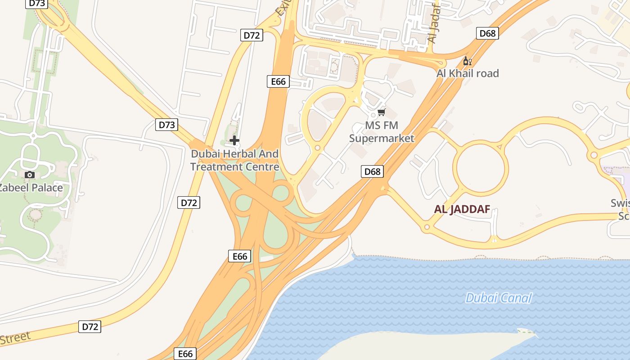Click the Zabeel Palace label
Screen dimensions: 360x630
31,187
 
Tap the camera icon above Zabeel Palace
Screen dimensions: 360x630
30,175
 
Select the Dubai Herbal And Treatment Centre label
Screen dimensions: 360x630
234,160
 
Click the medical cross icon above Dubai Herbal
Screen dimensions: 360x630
234,140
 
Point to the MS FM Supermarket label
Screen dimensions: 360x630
382,132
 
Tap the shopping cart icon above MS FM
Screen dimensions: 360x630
382,112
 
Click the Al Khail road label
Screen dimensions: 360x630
468,73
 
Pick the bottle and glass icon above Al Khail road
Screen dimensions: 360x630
468,61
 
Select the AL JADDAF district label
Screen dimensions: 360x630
462,209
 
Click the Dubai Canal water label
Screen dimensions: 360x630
498,298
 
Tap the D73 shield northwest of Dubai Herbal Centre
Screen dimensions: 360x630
166,125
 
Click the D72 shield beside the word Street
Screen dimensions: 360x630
90,327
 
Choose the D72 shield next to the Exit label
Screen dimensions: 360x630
252,35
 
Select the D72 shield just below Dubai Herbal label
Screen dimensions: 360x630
189,202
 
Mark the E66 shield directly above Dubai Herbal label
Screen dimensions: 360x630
278,81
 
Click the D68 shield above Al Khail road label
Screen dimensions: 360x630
487,33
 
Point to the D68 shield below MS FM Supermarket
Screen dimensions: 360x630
372,171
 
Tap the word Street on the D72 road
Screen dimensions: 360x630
15,338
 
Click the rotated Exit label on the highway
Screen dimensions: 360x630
283,8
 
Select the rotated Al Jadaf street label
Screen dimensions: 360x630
433,22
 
